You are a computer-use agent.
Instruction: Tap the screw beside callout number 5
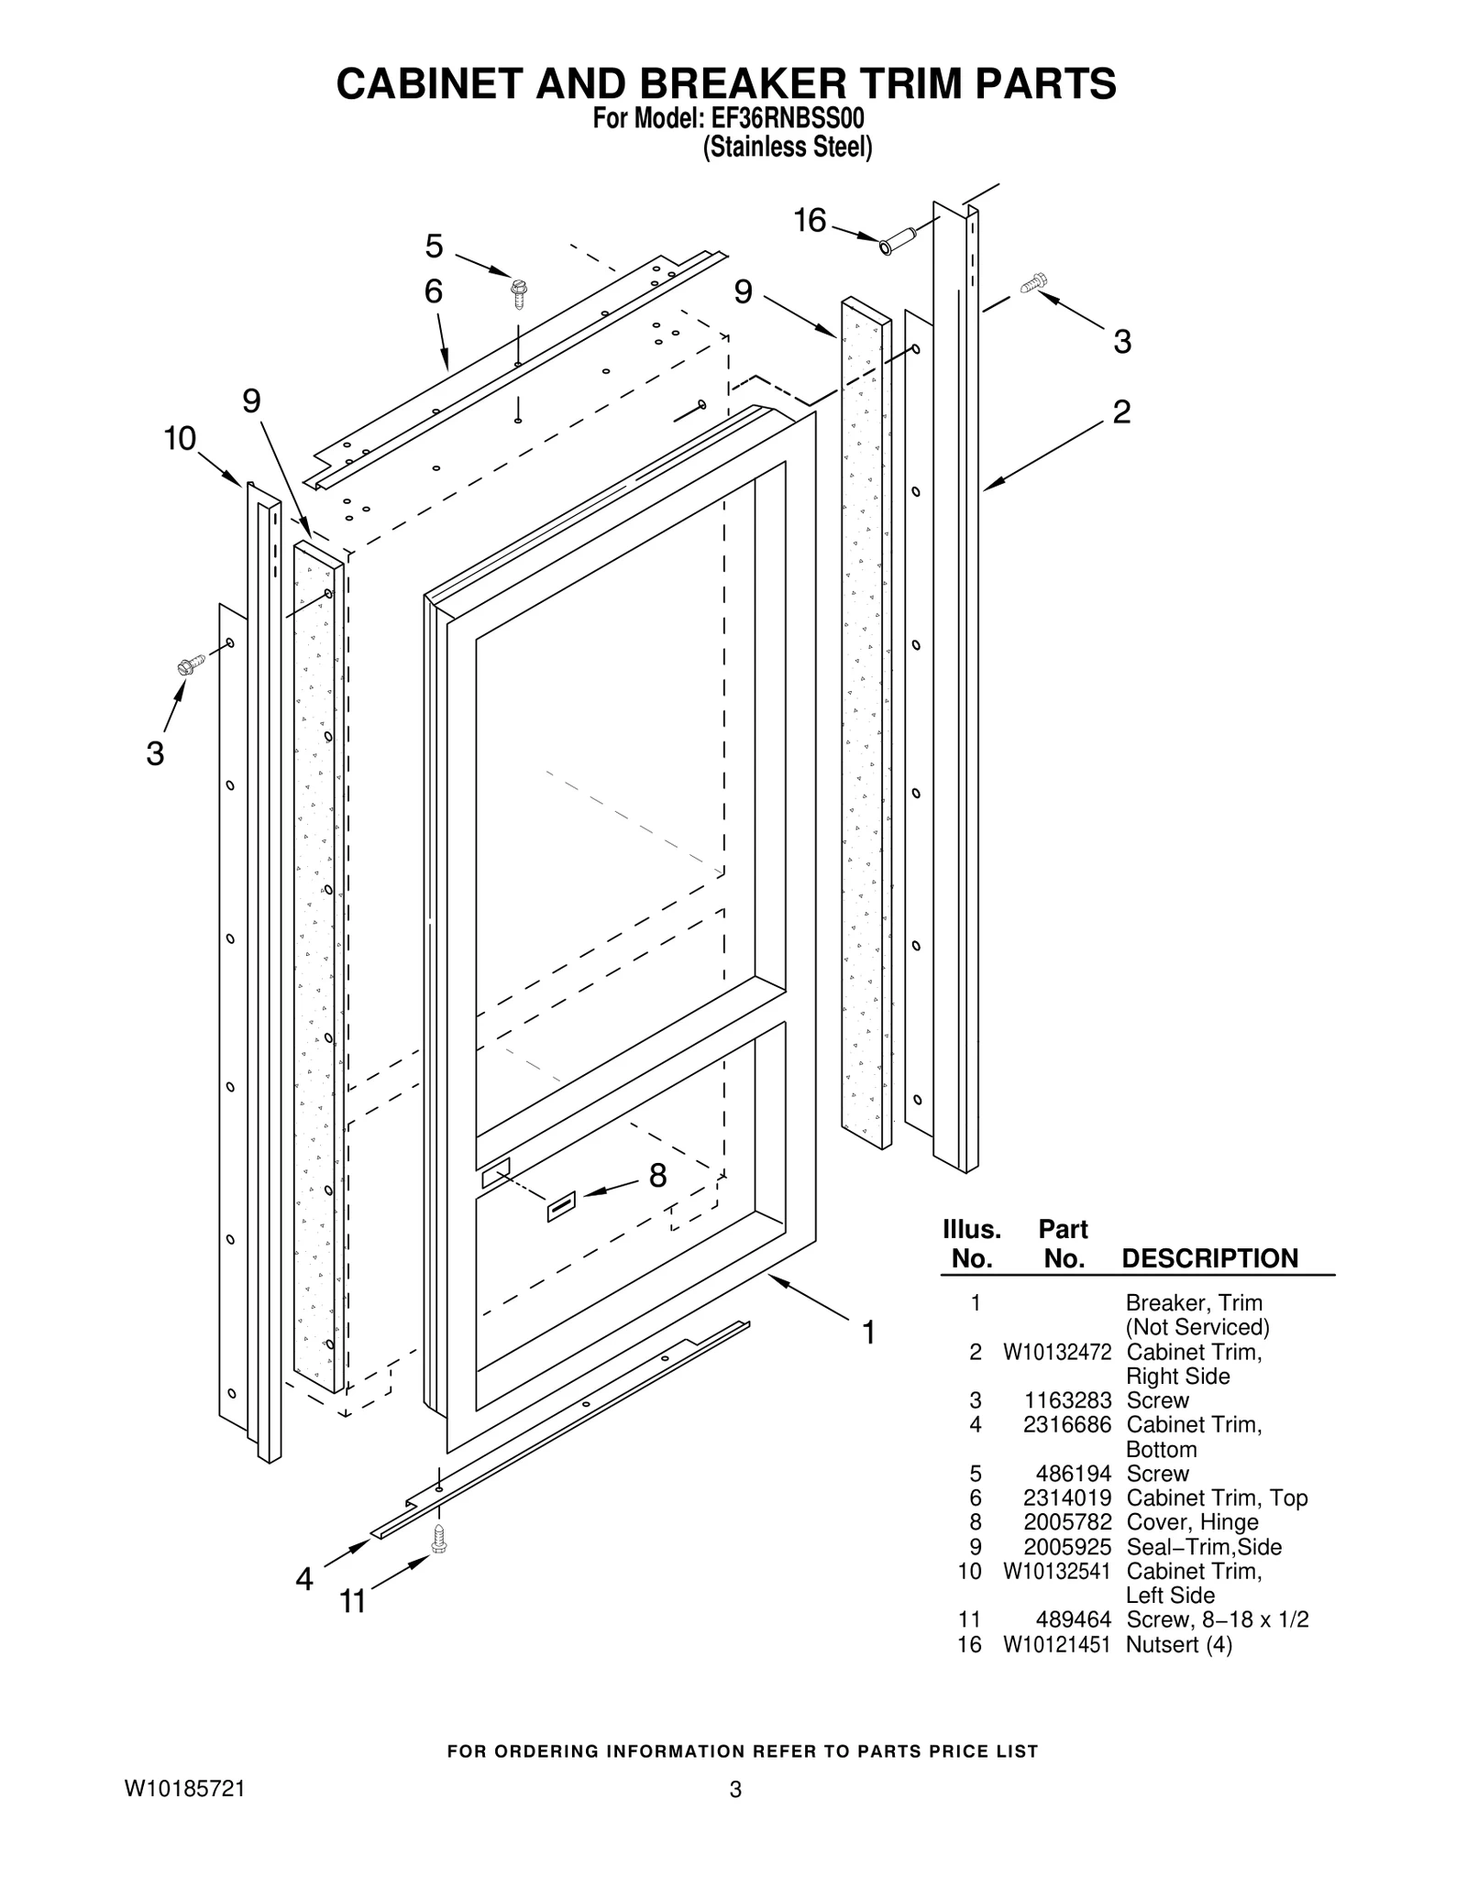coord(520,293)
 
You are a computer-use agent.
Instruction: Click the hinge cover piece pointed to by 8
coord(561,1207)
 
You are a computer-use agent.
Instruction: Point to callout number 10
coord(180,439)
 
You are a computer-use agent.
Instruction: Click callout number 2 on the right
coord(1121,411)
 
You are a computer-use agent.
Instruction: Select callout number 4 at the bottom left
coord(304,1578)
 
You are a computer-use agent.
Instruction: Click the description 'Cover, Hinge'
coord(1192,1522)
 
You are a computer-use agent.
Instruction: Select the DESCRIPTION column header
coord(1209,1258)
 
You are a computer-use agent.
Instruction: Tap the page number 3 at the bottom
coord(734,1789)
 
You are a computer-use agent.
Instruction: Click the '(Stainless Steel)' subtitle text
coord(787,148)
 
